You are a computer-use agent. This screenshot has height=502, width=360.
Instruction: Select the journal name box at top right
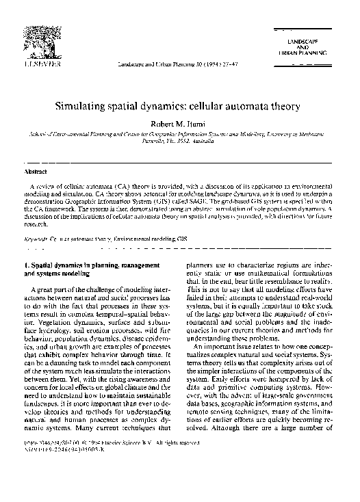(309, 48)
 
